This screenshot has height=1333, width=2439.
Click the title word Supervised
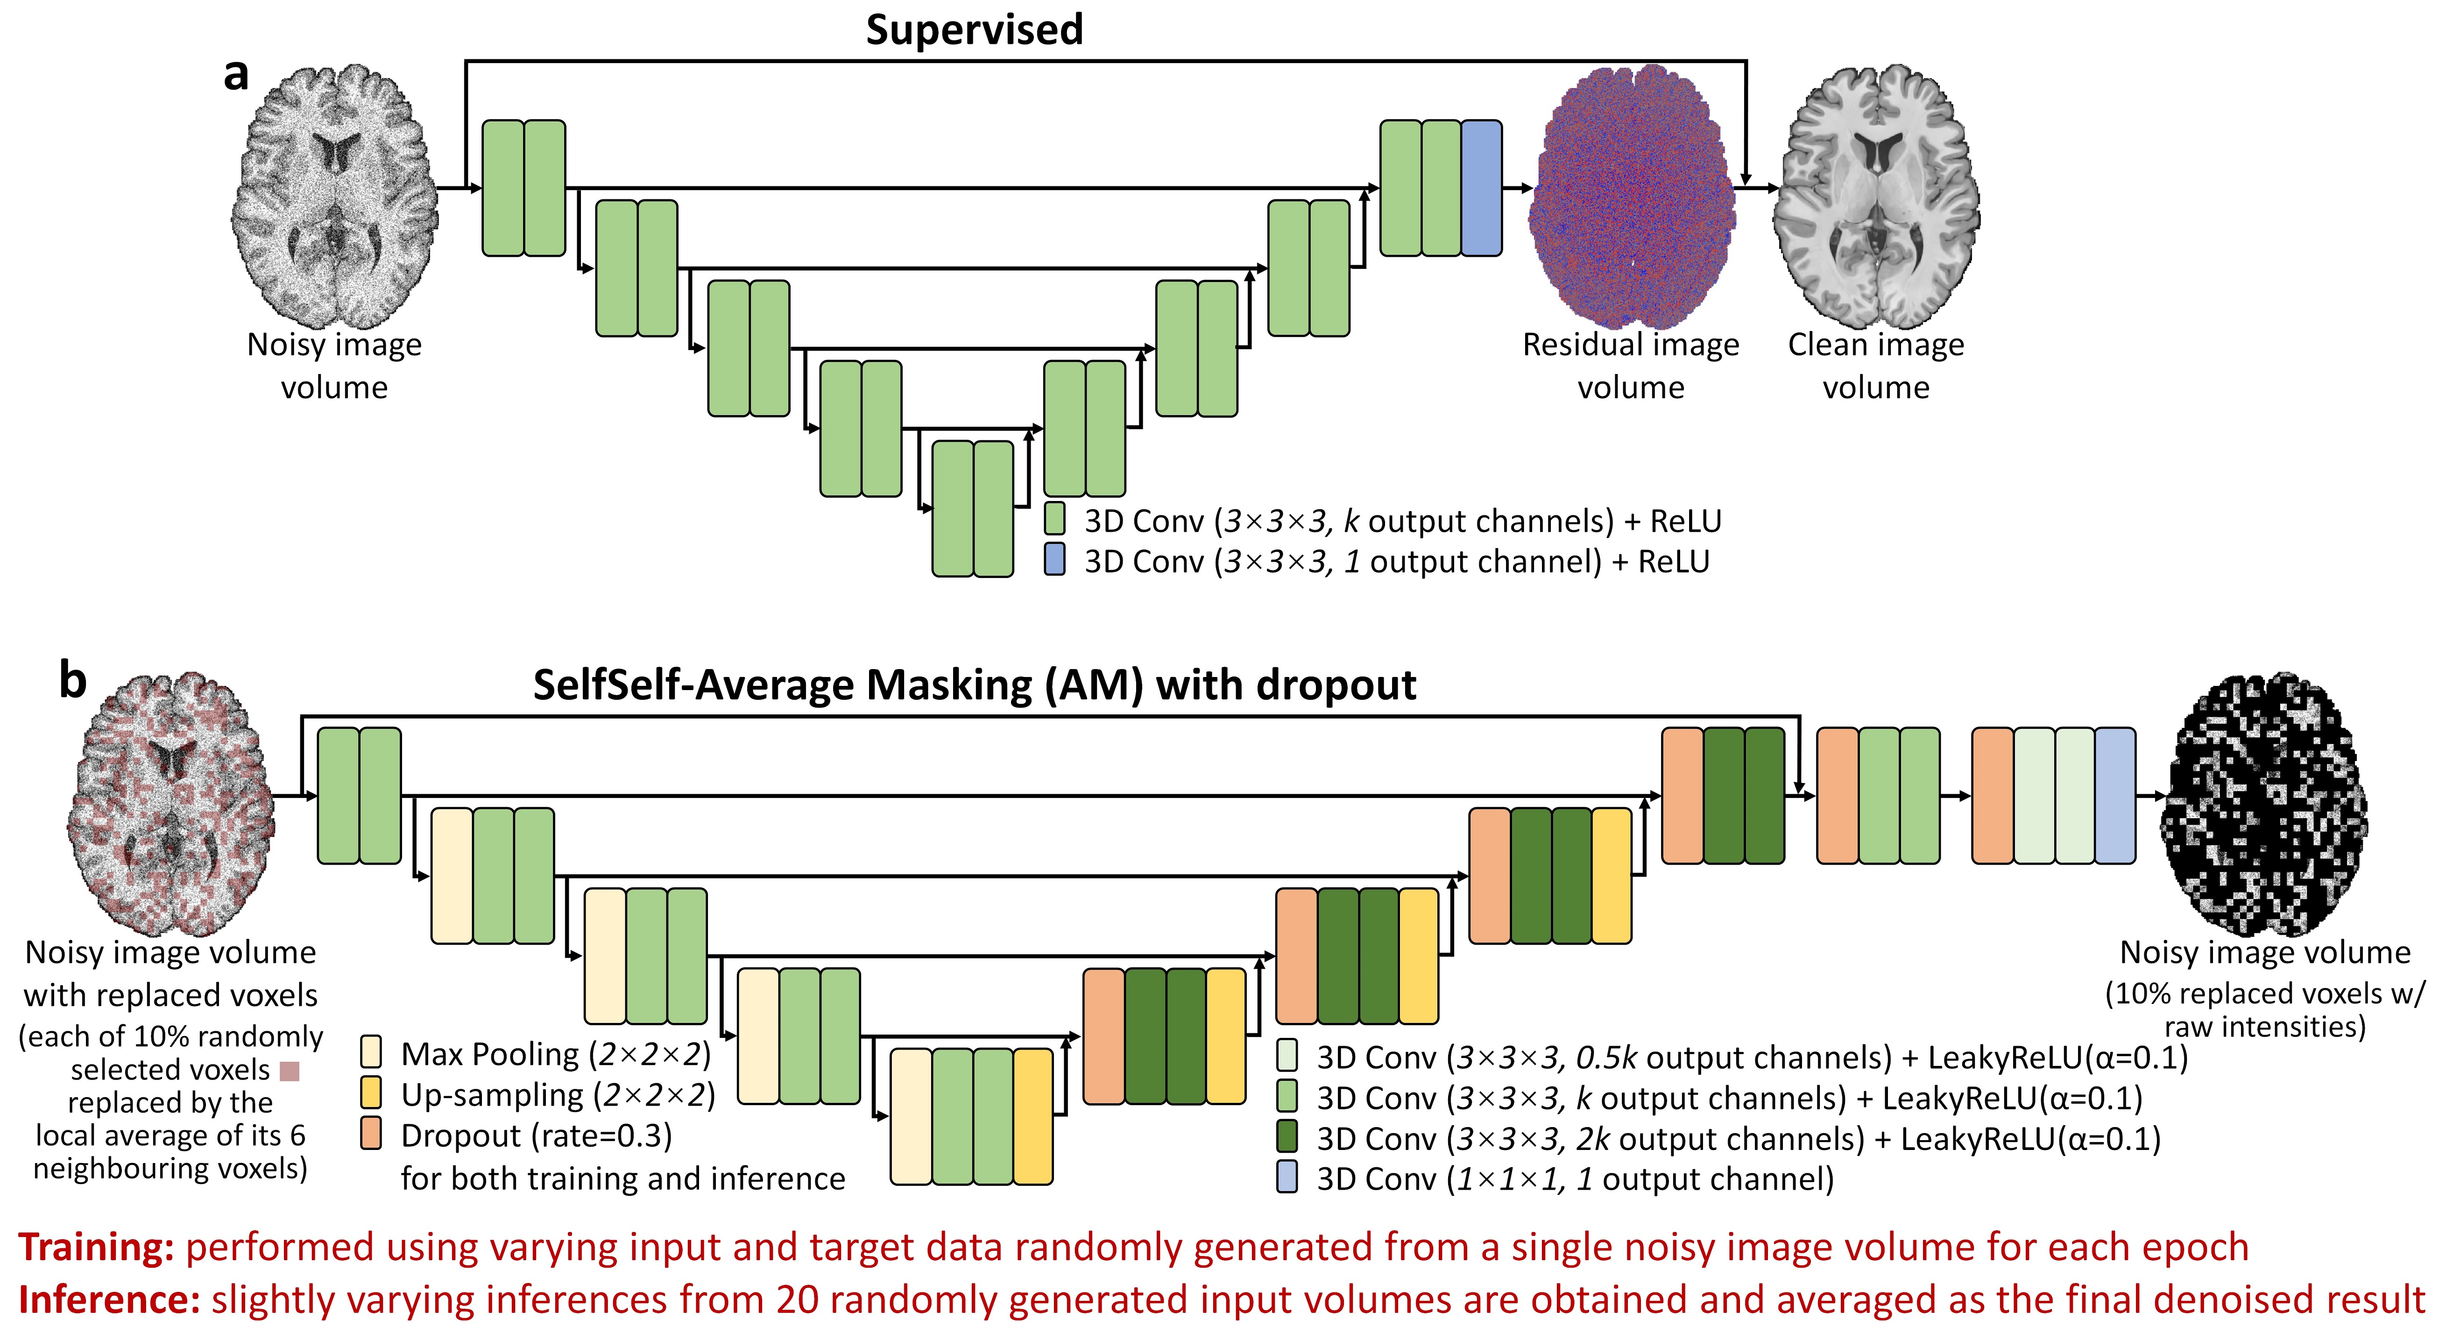click(974, 29)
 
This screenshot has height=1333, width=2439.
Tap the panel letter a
click(236, 74)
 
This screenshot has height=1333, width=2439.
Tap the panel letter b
click(73, 680)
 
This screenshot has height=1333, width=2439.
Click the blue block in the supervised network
click(1481, 187)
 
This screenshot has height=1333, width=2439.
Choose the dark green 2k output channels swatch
click(1287, 1137)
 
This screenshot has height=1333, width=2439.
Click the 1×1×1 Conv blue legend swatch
click(1287, 1178)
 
